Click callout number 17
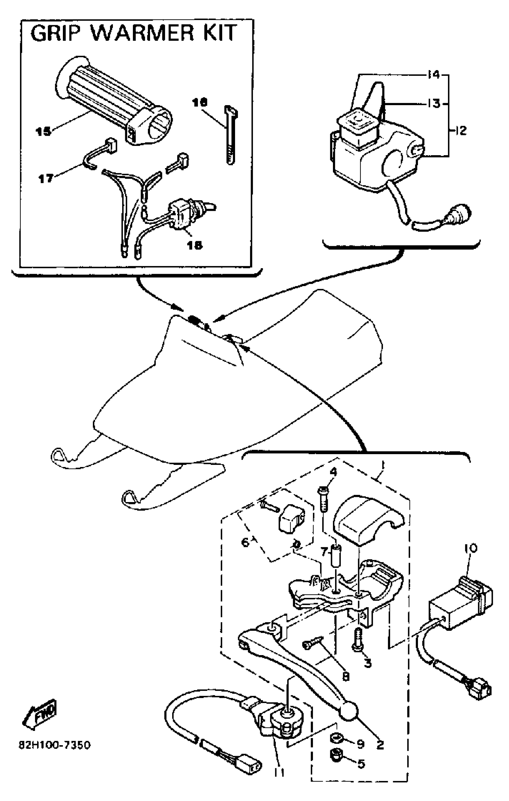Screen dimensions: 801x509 (46, 179)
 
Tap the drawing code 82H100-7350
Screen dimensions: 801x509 (54, 745)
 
